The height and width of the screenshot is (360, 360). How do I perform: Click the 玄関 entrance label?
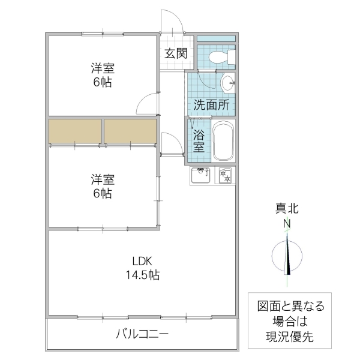point(176,53)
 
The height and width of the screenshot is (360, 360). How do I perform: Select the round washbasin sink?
point(227,84)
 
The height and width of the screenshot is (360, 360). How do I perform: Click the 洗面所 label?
point(211,104)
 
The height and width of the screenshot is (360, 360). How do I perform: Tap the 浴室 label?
point(199,140)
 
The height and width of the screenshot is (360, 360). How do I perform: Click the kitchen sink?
point(200,176)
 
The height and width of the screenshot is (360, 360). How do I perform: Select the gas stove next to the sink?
point(226,176)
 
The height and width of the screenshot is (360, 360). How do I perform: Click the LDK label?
point(143,261)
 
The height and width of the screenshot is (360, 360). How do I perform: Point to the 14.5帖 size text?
point(143,275)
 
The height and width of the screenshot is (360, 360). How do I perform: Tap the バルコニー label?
point(142,334)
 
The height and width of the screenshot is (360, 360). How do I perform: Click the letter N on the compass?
point(287,223)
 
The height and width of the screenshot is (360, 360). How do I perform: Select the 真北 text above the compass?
point(287,209)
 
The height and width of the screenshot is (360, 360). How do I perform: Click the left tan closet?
point(75,131)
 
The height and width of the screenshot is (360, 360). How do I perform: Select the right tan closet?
point(131,131)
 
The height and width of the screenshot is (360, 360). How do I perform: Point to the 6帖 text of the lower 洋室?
point(103,194)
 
